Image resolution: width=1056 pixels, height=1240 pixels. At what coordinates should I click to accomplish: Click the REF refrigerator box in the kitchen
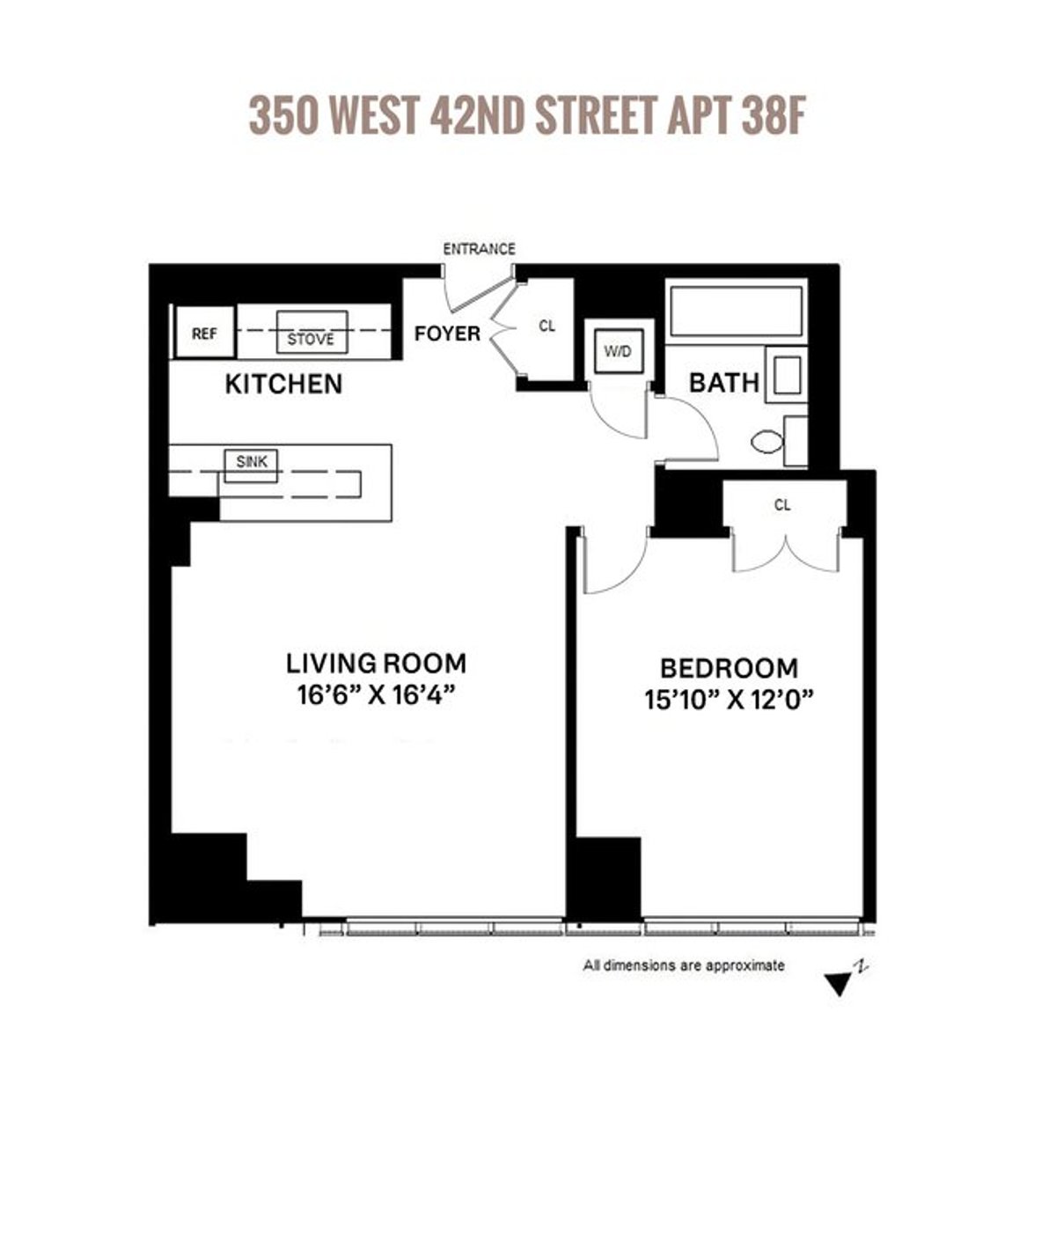coord(204,334)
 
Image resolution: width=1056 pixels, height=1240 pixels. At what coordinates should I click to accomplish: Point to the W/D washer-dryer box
coord(618,352)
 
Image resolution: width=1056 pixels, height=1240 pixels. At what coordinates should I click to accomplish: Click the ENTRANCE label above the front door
coord(479,249)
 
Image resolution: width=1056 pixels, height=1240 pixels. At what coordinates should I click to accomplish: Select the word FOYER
coord(447,334)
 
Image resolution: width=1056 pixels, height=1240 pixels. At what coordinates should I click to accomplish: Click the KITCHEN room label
coord(283,385)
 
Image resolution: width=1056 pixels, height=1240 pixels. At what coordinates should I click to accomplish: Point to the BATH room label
coord(723,383)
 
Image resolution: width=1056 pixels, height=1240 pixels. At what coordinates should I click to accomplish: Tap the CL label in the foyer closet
coord(547,327)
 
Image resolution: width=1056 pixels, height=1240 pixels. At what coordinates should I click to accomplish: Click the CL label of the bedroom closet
coord(782,505)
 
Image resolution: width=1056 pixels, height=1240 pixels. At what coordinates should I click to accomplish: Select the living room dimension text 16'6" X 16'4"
coord(376,695)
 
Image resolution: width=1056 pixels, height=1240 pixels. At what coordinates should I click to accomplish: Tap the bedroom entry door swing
coord(613,563)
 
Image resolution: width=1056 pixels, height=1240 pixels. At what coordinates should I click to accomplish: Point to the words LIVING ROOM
coord(376,663)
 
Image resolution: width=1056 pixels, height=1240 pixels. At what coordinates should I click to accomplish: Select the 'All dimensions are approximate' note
coord(684,965)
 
